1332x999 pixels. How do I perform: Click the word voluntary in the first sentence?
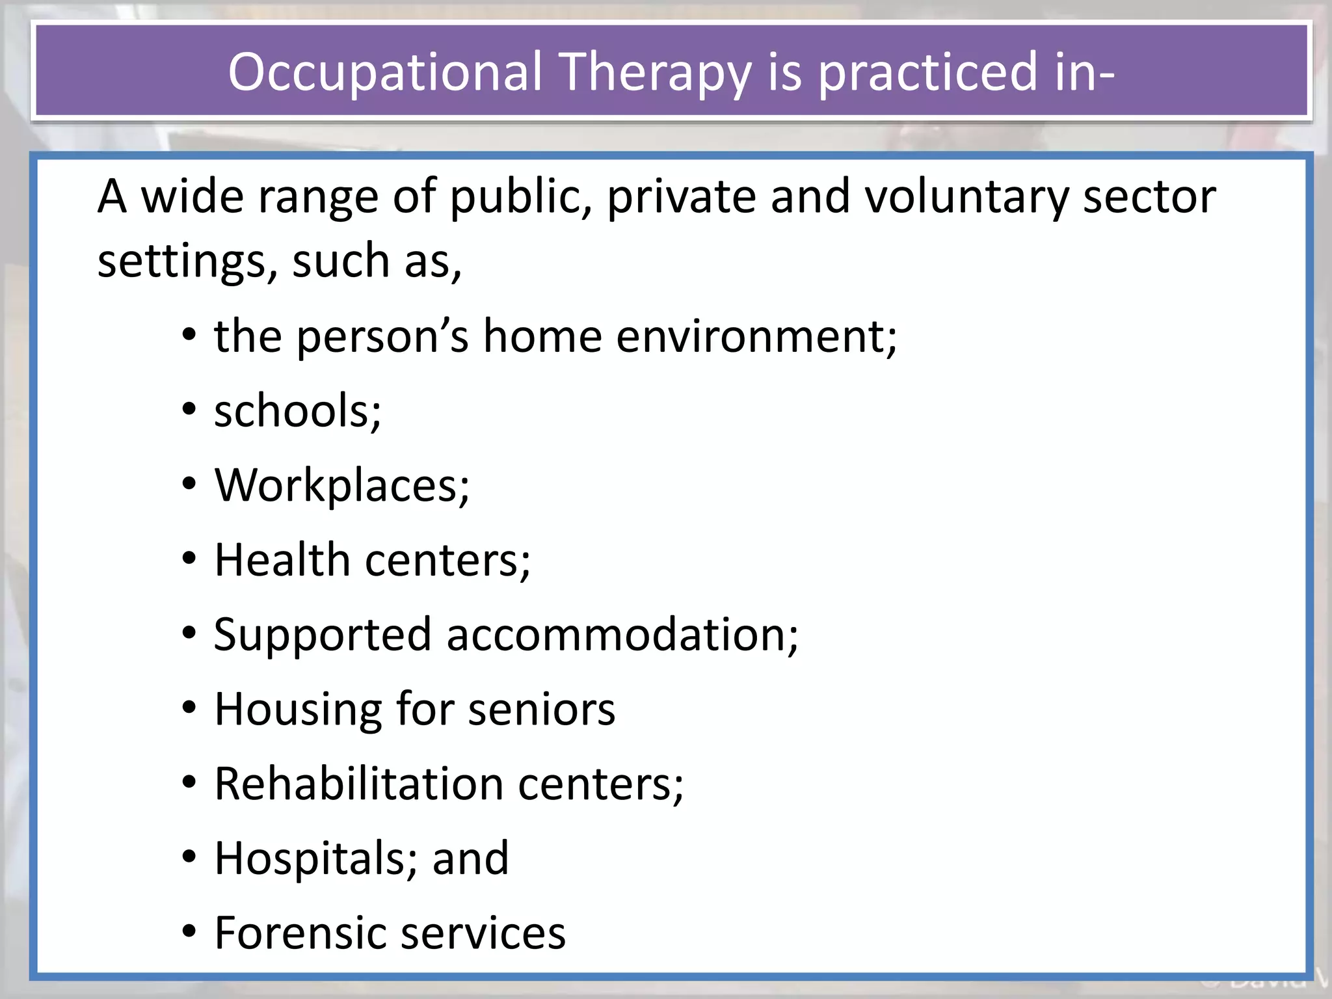(966, 196)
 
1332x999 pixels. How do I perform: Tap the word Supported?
(323, 635)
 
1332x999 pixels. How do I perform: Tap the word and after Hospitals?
(470, 859)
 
